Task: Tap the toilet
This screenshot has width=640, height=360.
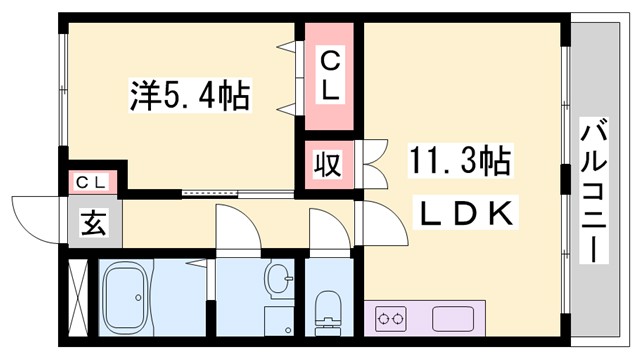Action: pyautogui.click(x=326, y=309)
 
